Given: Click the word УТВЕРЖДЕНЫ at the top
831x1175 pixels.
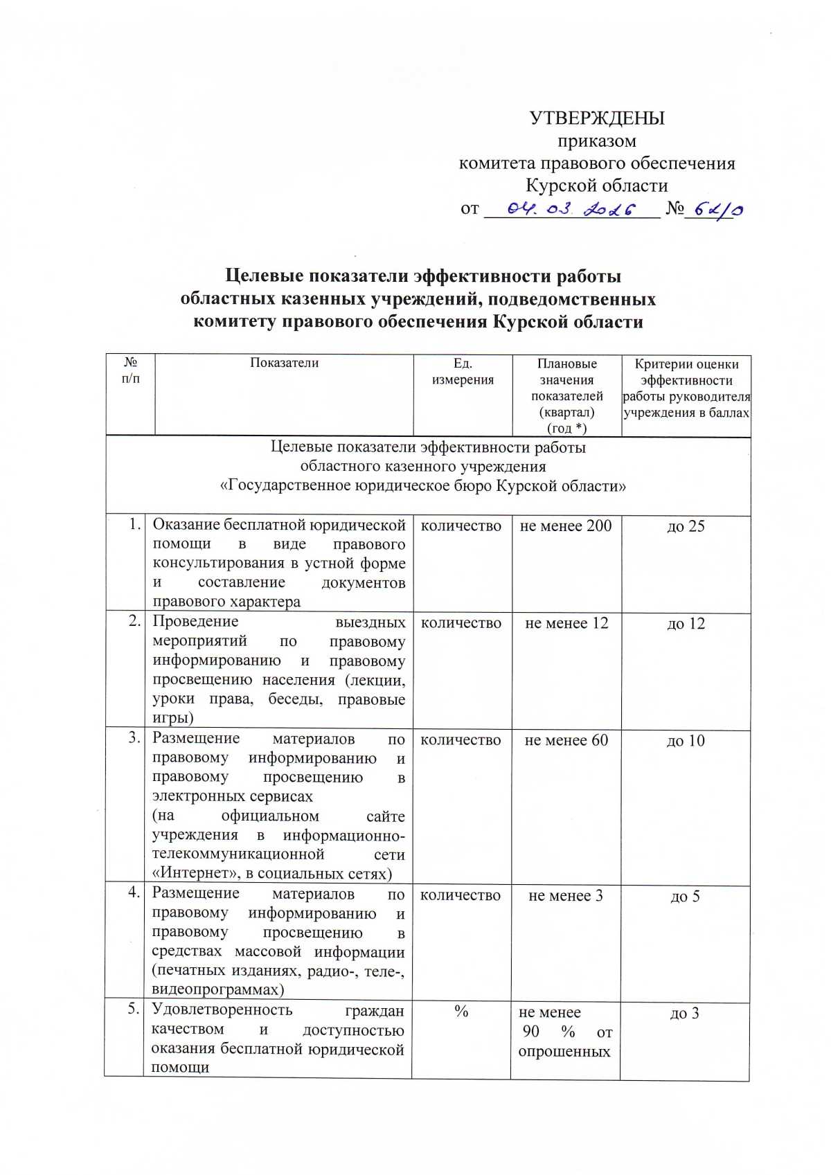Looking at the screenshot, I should tap(597, 118).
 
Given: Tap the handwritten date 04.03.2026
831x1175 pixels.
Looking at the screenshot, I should tap(571, 208).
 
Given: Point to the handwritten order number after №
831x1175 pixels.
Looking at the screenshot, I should tap(717, 210).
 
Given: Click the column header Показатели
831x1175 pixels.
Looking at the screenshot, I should tap(284, 363).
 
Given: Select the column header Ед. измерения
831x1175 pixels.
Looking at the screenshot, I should tap(463, 372).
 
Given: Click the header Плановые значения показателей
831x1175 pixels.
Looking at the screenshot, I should tap(566, 395).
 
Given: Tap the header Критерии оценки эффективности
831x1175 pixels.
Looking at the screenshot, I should tap(686, 388).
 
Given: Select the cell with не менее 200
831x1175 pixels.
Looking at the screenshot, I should tap(566, 526).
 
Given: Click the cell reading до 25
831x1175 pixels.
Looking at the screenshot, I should tap(686, 527).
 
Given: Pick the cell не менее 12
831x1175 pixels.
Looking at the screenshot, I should tap(566, 623).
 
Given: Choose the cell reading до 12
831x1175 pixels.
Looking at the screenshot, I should tap(686, 624).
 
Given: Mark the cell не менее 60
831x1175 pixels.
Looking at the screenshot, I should tap(566, 740).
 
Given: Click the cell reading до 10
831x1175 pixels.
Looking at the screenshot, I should tap(686, 741).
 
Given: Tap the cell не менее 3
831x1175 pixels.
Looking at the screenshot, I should tap(565, 896).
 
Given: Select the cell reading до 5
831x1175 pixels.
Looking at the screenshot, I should tap(685, 897).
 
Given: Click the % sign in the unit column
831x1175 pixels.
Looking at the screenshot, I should tap(461, 1012).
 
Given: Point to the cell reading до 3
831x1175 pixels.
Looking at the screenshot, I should tap(684, 1014).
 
